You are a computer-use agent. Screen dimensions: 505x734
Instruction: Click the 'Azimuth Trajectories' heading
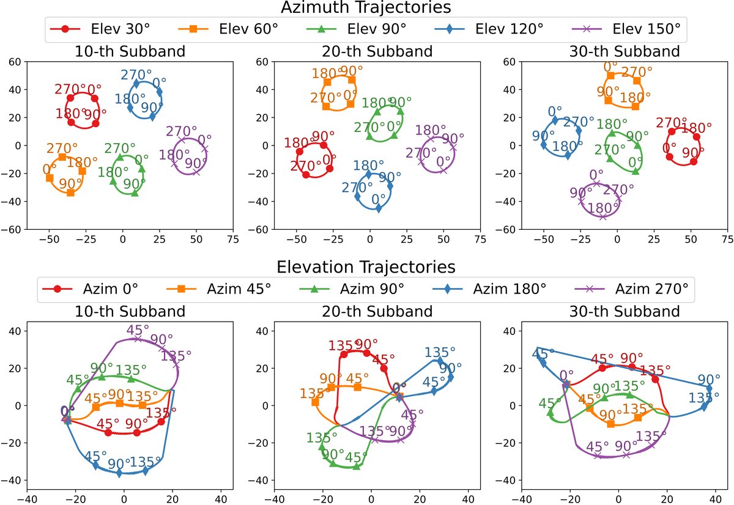(366, 8)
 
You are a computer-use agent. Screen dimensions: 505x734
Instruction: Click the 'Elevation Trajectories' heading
(366, 267)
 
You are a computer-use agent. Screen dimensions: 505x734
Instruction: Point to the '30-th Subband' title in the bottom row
(618, 311)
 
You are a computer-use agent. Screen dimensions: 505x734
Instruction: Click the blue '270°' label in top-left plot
(136, 75)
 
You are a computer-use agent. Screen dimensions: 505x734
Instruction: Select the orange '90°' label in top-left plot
(71, 183)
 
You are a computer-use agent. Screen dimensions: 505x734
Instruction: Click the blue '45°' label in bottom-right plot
(544, 353)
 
